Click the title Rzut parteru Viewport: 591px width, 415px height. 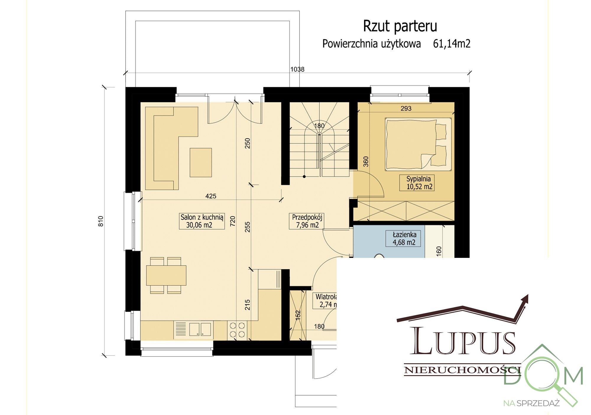tap(400, 26)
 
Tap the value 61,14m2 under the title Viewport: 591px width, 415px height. tap(452, 44)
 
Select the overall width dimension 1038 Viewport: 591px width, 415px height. tap(297, 69)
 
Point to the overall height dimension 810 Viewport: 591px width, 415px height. tap(101, 221)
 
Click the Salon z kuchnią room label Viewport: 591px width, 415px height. tap(202, 221)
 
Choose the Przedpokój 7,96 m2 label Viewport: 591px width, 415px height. tap(307, 221)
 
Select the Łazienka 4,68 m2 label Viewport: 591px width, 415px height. tap(404, 238)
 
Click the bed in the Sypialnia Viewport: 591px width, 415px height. tap(418, 144)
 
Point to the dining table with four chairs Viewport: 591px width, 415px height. tap(166, 275)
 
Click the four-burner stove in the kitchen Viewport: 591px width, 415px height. tap(237, 330)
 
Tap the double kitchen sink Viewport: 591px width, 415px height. tap(200, 329)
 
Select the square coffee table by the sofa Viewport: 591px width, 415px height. tap(201, 162)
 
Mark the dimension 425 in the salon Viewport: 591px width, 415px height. tap(211, 196)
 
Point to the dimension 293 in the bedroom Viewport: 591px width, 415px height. tap(406, 108)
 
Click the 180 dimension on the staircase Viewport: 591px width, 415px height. tap(319, 126)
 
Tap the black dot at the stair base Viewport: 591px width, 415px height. tap(304, 177)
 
